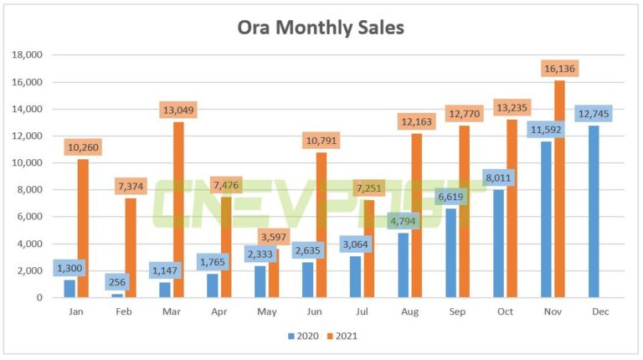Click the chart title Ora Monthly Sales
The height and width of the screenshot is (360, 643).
(321, 28)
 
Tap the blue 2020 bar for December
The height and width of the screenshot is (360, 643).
(594, 213)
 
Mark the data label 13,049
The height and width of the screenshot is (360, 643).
(178, 111)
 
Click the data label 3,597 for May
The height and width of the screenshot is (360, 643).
(273, 237)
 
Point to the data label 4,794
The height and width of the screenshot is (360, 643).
(404, 222)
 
